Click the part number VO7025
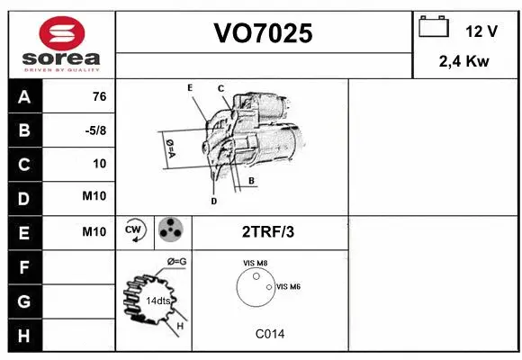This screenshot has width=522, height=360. click(263, 33)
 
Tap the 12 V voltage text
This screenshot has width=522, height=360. click(481, 31)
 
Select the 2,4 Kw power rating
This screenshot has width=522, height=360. click(463, 62)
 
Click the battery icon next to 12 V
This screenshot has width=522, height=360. click(434, 29)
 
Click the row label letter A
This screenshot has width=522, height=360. click(24, 97)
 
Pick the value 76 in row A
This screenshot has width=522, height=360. click(99, 97)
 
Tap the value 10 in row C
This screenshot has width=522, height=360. click(99, 164)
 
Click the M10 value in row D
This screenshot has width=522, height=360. click(94, 197)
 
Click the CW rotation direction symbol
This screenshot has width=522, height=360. click(135, 231)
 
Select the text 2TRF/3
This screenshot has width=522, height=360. click(268, 232)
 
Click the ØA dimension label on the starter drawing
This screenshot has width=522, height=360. click(169, 146)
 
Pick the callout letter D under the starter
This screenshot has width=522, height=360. click(213, 202)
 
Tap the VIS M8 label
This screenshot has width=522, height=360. click(255, 263)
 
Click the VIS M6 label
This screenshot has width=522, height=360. click(288, 286)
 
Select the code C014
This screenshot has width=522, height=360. click(269, 334)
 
